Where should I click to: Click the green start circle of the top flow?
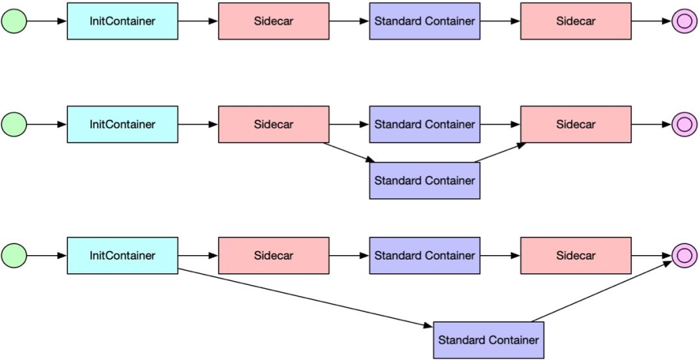tap(14, 21)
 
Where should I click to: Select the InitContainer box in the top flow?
tap(122, 21)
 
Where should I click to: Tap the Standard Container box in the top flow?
tap(425, 21)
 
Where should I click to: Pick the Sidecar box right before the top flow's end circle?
tap(576, 21)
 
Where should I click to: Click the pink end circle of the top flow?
tap(684, 21)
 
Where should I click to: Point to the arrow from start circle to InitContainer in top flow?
tap(47, 21)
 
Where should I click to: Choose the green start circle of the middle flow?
tap(14, 124)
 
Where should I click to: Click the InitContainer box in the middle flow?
tap(122, 124)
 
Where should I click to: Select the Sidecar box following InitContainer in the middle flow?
tap(274, 124)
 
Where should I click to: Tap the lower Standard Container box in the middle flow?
tap(425, 181)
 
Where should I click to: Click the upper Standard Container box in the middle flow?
tap(425, 124)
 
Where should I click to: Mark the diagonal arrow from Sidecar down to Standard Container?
tap(349, 153)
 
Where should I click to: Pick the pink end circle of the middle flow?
tap(684, 124)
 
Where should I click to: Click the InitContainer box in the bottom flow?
tap(122, 256)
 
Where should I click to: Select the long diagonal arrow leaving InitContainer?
tap(305, 298)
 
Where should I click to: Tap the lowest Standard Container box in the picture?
tap(489, 340)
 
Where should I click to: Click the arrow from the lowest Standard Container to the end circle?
tap(602, 292)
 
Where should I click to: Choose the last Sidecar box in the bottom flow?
tap(576, 256)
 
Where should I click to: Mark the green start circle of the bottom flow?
tap(14, 256)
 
